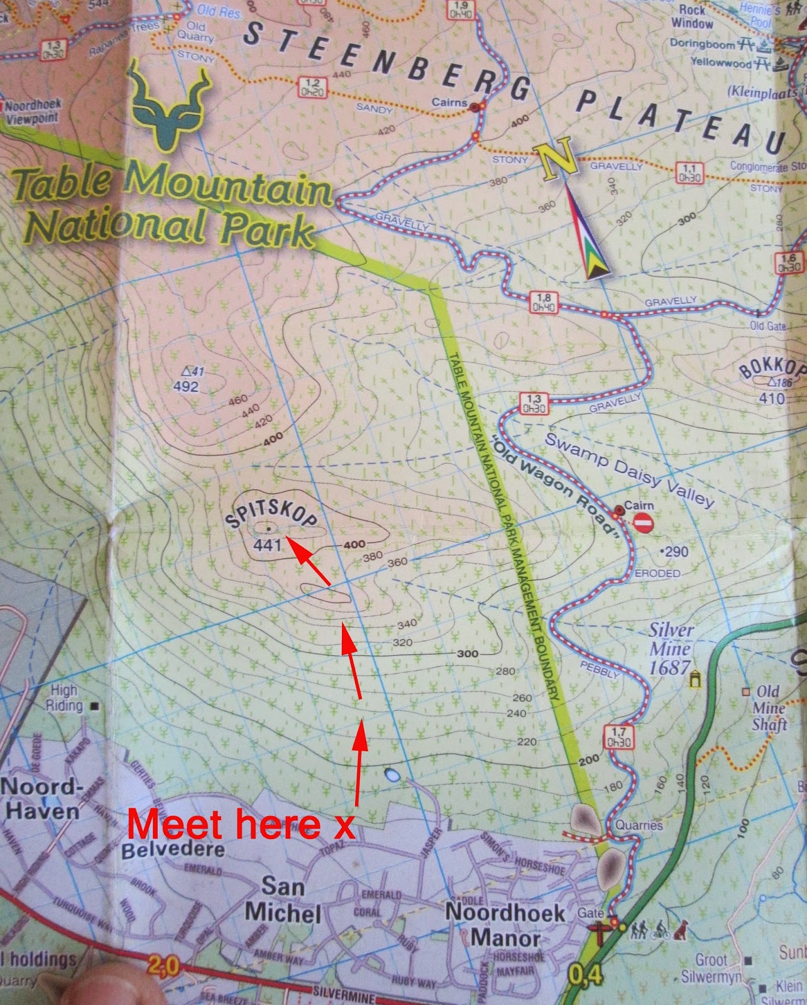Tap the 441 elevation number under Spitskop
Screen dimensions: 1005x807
click(x=267, y=545)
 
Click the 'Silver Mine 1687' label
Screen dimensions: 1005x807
click(x=671, y=649)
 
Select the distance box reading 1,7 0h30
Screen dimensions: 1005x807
click(x=618, y=736)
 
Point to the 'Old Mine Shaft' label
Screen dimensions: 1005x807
click(x=769, y=709)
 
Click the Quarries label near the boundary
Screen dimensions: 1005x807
click(x=639, y=825)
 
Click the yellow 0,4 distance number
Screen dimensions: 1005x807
click(x=586, y=975)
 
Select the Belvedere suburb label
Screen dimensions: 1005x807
click(x=173, y=850)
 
